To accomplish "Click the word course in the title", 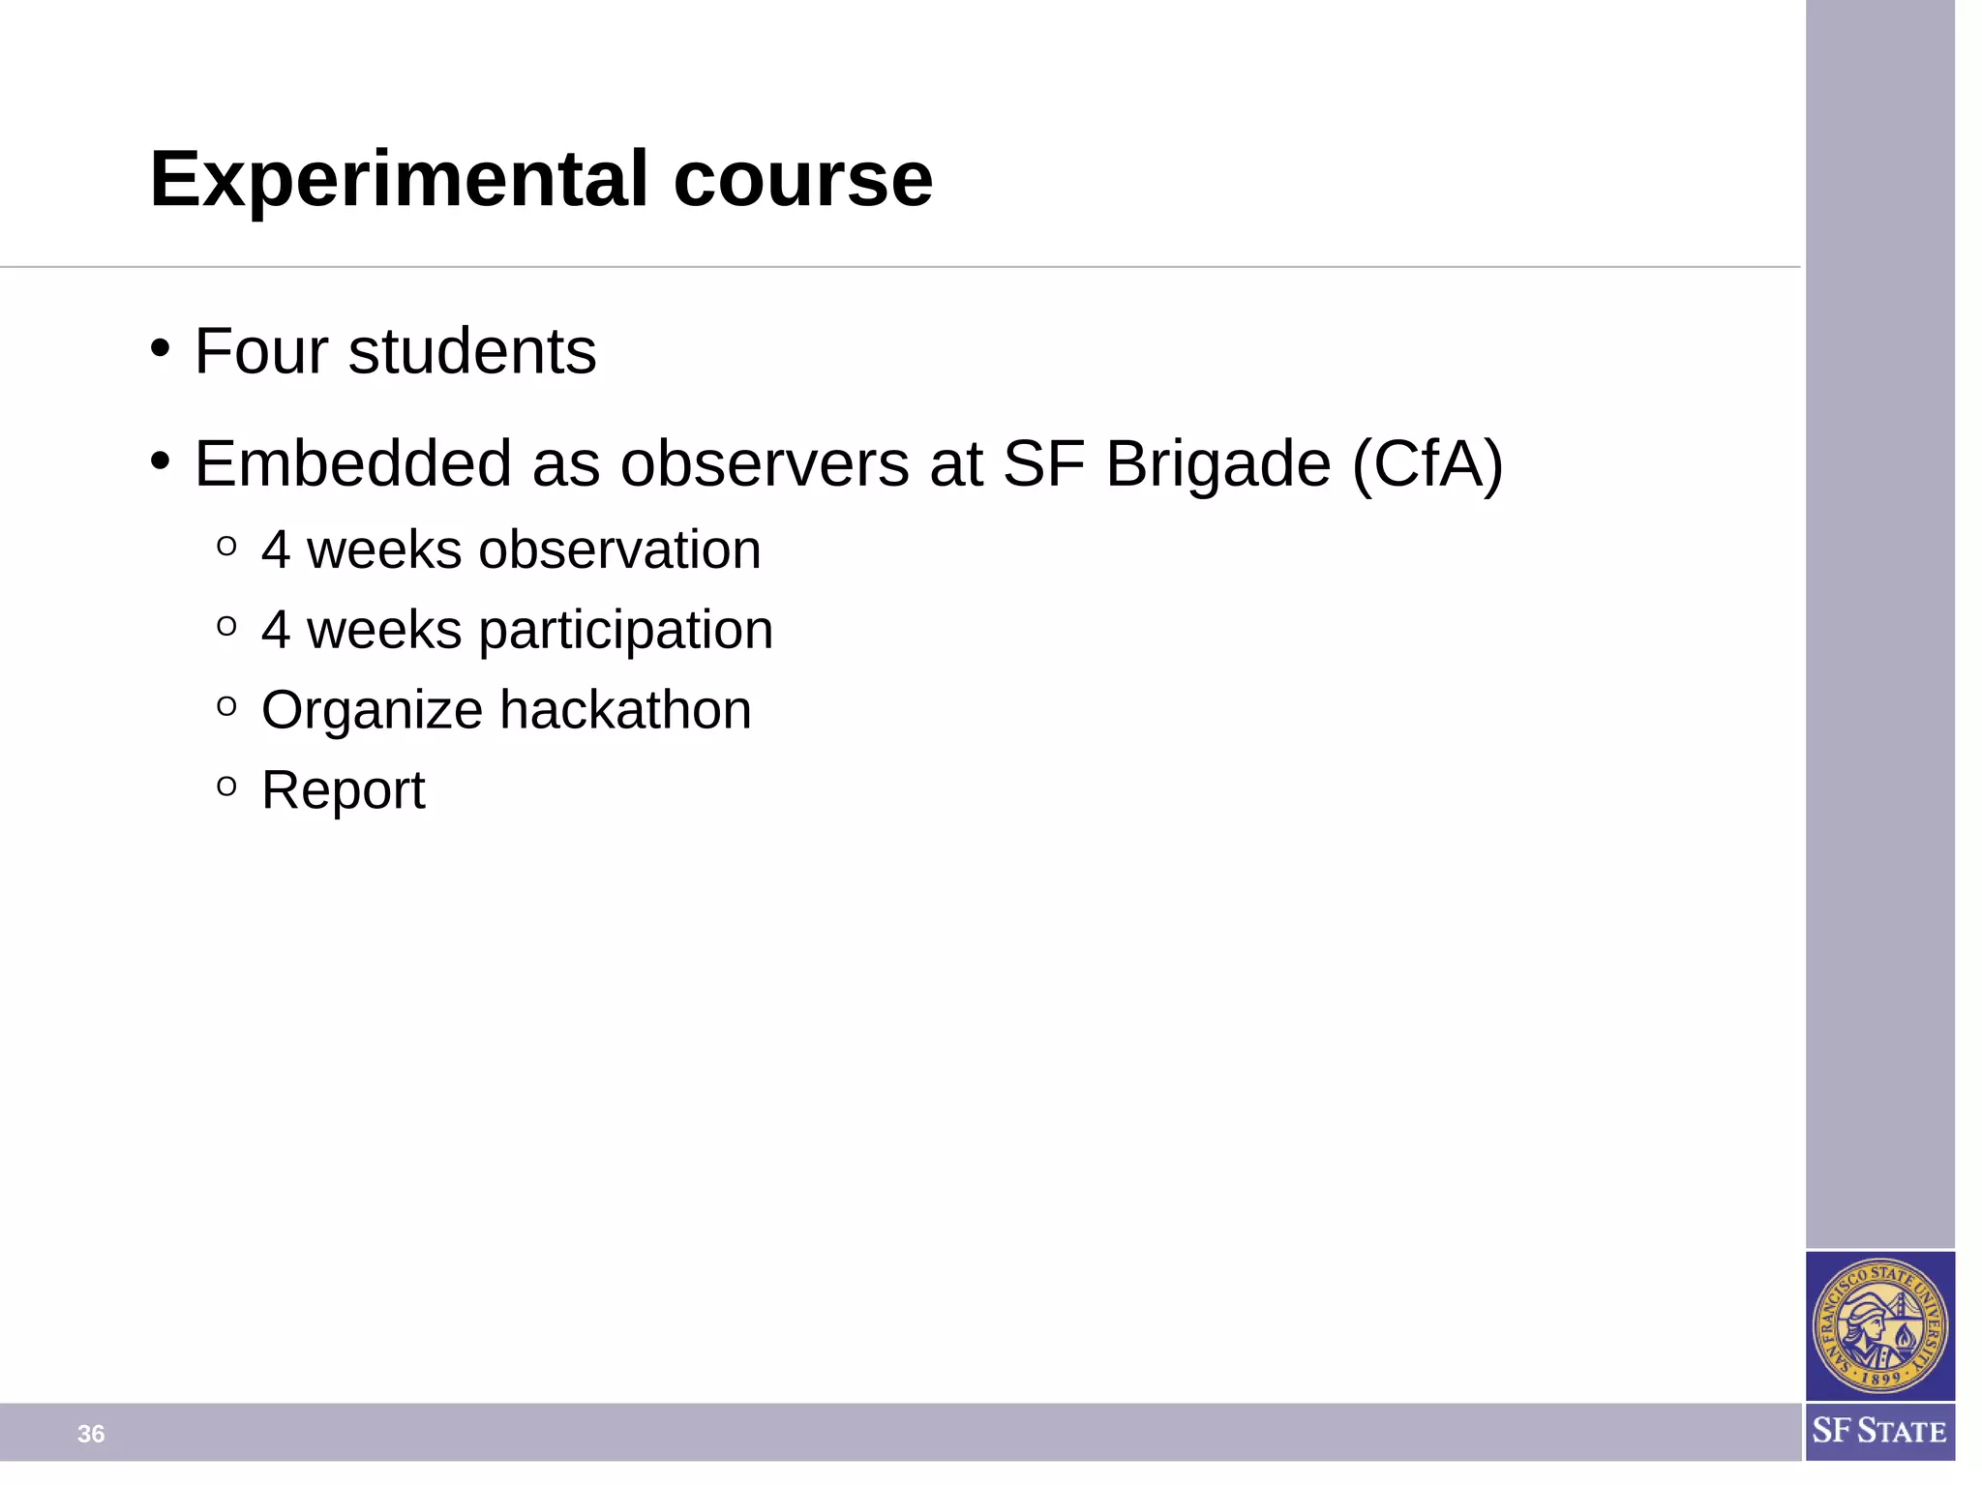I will point(802,180).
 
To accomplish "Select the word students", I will point(472,351).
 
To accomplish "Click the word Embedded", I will point(352,463).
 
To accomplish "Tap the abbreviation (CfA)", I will point(1426,463).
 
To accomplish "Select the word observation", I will point(619,549).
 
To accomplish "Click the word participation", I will point(625,631).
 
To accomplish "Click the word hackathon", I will point(625,710).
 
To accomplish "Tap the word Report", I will point(343,790).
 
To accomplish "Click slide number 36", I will point(91,1434).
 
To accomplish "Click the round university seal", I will point(1878,1325).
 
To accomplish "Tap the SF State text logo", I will point(1878,1431).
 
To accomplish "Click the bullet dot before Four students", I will point(161,347).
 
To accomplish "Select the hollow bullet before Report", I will point(226,786).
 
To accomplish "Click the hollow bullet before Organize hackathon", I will point(226,706).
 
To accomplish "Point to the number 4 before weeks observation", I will point(276,549).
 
